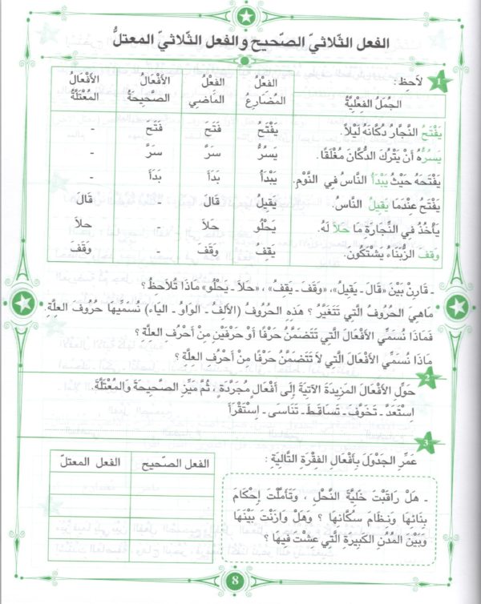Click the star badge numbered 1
click(442, 83)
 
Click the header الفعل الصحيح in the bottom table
click(175, 462)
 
